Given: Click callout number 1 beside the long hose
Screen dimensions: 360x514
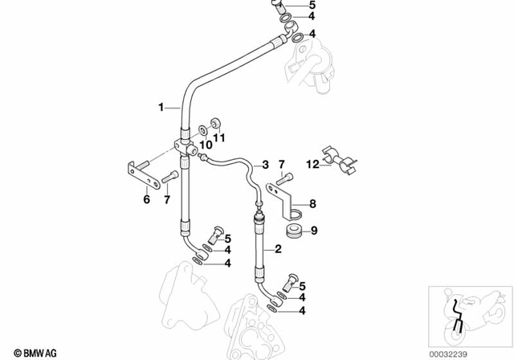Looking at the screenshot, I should click(161, 106).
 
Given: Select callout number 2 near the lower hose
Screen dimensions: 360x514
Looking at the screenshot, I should click(278, 251).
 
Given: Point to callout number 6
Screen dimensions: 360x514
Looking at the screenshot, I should click(146, 199).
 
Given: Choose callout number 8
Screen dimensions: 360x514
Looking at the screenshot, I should click(313, 203).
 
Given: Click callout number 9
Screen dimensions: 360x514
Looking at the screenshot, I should click(314, 231).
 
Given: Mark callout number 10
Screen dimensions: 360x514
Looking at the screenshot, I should click(205, 145).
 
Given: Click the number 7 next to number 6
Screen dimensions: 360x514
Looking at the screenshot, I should click(166, 199).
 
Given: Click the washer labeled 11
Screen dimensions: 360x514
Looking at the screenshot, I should click(214, 124).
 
